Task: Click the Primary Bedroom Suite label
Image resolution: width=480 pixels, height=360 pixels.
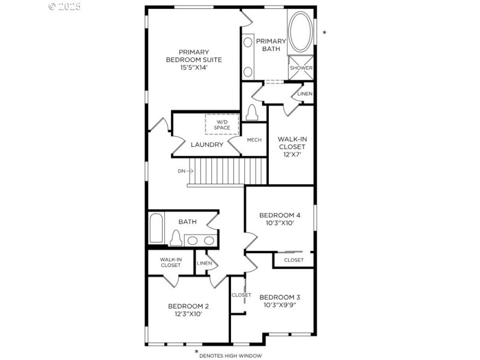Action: coord(194,59)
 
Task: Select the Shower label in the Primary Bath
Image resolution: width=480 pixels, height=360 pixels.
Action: coord(301,68)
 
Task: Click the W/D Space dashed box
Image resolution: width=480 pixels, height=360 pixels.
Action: coord(222,124)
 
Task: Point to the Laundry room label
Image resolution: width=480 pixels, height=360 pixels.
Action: coord(207,145)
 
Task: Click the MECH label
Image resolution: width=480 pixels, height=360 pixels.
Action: coord(254,140)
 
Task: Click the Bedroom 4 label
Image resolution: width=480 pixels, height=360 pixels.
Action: coord(280,215)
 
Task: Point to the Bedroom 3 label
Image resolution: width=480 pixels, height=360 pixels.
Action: coord(280,297)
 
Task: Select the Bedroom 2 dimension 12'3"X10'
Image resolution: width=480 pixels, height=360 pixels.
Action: coord(188,313)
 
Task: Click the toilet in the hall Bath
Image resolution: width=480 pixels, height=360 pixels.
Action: coord(175,238)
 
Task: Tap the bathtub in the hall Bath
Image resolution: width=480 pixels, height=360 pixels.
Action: coord(155,228)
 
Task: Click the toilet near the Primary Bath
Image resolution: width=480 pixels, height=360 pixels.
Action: coord(252,112)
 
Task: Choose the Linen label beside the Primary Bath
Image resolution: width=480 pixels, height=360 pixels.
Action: coord(305,94)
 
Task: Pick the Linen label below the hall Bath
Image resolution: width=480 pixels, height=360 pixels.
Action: coord(204,263)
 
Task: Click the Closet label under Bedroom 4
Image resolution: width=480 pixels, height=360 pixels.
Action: coord(293,260)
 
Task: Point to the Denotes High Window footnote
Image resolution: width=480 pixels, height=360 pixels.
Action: coord(230,356)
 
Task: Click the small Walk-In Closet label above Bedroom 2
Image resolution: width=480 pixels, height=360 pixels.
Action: coord(170,262)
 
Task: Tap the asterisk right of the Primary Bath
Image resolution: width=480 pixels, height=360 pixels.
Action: coord(325,33)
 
